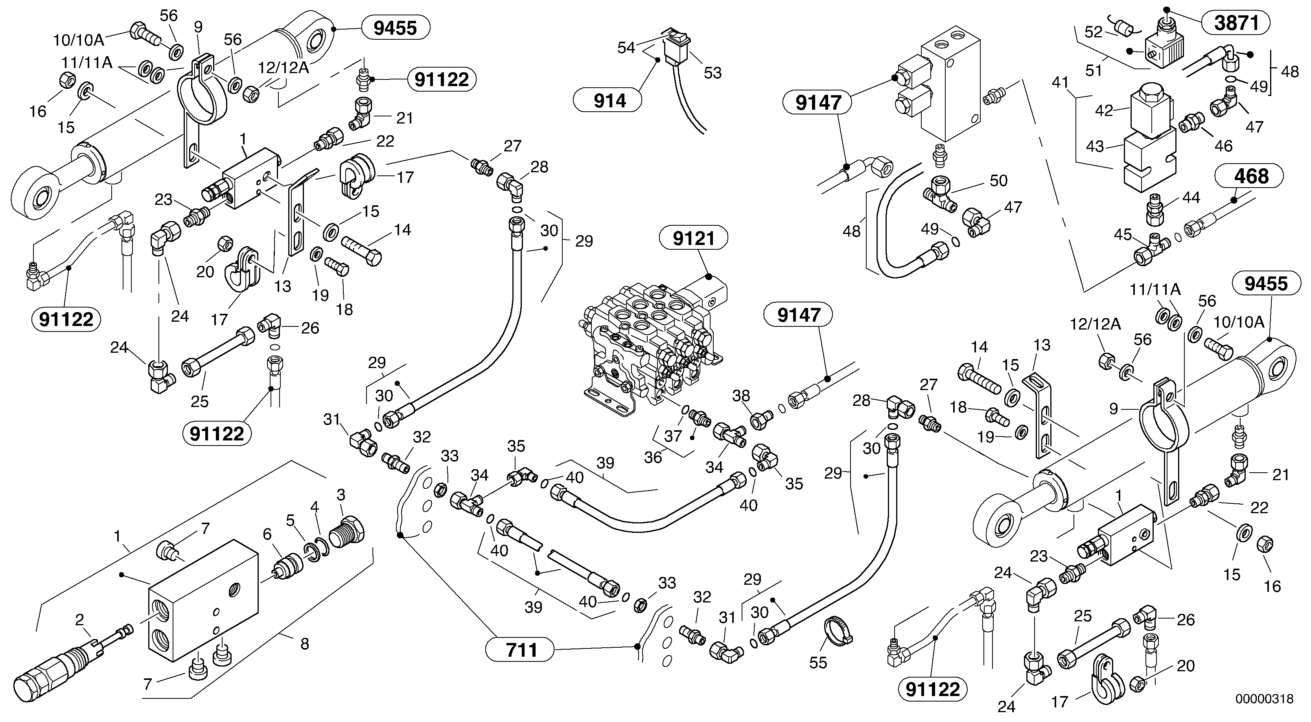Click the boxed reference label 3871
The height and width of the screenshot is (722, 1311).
pos(1236,23)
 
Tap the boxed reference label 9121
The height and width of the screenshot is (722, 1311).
pos(694,238)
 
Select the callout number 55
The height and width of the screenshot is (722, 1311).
pos(818,663)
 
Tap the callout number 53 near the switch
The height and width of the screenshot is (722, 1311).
pos(713,73)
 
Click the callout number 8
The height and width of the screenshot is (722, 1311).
pos(304,644)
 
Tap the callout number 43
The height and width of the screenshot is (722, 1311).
pos(1095,147)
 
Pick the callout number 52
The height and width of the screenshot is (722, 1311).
pos(1093,32)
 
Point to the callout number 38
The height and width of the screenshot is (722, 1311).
pos(741,395)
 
